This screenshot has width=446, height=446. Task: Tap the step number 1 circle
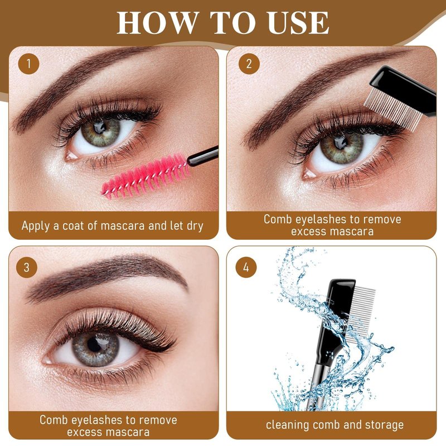(x=29, y=64)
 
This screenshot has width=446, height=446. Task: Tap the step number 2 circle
(x=249, y=64)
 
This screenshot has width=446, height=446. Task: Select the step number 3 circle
(x=27, y=268)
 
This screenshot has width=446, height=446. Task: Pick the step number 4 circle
(x=246, y=268)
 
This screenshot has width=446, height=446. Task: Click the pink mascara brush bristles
(x=146, y=177)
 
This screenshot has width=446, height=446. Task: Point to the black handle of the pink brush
(x=202, y=156)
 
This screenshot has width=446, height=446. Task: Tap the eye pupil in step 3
(x=94, y=345)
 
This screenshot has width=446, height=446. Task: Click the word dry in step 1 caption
(x=195, y=226)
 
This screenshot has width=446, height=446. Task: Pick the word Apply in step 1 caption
(x=36, y=226)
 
